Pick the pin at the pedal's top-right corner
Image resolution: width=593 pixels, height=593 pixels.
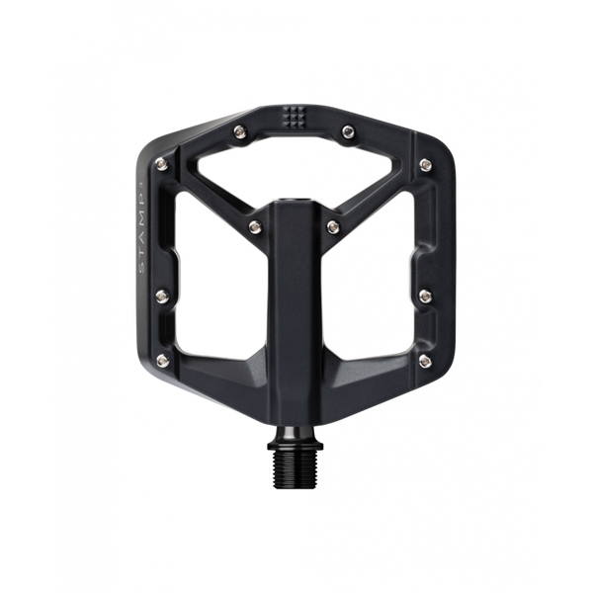pos(427,163)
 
